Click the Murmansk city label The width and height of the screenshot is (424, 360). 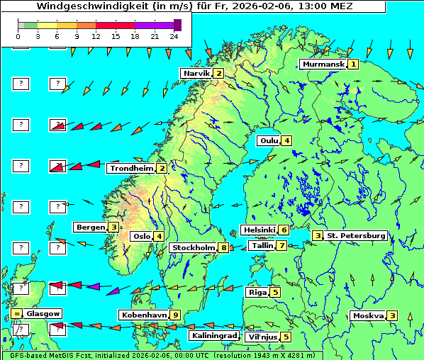click(x=323, y=64)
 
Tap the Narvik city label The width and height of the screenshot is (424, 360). click(x=196, y=74)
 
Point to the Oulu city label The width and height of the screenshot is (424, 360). click(x=269, y=140)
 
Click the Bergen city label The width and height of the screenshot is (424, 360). click(x=90, y=227)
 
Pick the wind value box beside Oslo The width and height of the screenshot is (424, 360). click(x=160, y=237)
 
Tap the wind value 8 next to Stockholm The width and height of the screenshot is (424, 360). click(x=223, y=248)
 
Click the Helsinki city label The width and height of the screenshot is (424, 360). click(x=259, y=230)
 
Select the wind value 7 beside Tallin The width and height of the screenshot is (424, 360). click(x=281, y=246)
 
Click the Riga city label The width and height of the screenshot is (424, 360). click(x=257, y=292)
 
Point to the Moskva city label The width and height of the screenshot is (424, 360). click(x=368, y=316)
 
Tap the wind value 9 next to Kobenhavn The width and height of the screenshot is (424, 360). click(x=175, y=315)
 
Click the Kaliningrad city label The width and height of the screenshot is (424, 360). click(x=214, y=336)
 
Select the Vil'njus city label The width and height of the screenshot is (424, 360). click(x=262, y=337)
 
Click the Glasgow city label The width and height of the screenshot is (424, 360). click(x=44, y=313)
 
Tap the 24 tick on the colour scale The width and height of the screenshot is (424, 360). click(x=174, y=35)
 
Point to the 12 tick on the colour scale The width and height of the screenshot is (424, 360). click(x=96, y=35)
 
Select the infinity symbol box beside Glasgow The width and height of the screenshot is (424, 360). click(x=16, y=313)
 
